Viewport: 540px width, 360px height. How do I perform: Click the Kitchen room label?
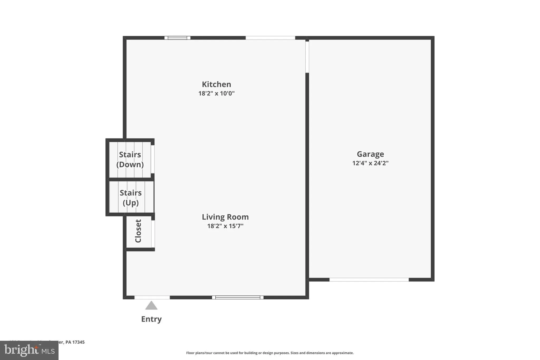(216, 84)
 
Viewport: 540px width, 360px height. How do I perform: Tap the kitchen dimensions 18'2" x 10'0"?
(216, 93)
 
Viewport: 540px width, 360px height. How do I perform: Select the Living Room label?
(225, 217)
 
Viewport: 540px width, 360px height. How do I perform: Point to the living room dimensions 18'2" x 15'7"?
(225, 226)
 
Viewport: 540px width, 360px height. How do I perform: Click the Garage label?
(370, 154)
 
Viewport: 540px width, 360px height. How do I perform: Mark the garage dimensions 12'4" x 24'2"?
(370, 163)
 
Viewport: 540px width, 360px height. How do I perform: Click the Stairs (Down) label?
(130, 160)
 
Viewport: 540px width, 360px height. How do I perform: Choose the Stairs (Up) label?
(131, 198)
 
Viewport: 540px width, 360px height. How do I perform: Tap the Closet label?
(138, 231)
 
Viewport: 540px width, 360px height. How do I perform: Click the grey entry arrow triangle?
(151, 306)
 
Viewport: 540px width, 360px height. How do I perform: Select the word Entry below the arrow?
(151, 319)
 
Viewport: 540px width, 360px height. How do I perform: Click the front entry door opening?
(152, 297)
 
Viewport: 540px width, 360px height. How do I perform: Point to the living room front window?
(238, 297)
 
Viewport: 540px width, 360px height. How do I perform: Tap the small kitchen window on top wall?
(177, 38)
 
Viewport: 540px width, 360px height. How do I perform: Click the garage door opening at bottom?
(369, 280)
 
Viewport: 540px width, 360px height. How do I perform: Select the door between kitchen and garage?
(307, 57)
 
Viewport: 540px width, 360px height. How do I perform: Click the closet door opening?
(153, 234)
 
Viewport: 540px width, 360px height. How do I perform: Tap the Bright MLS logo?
(29, 350)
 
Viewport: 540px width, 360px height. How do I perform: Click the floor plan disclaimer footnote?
(270, 353)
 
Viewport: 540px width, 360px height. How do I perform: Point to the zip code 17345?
(78, 342)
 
